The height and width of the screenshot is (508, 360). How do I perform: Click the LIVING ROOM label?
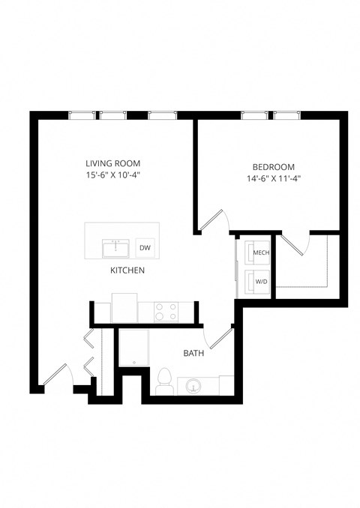click(x=112, y=163)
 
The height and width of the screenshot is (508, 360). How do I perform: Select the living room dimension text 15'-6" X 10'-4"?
click(x=112, y=175)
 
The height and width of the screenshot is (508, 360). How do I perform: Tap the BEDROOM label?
click(x=273, y=166)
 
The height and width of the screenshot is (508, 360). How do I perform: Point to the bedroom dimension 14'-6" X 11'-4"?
click(x=273, y=178)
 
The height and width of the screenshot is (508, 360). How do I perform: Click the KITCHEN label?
click(x=127, y=270)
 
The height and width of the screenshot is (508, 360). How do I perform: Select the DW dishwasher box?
click(x=145, y=248)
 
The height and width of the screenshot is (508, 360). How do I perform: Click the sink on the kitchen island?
click(x=116, y=247)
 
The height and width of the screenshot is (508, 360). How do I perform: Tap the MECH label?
click(x=261, y=253)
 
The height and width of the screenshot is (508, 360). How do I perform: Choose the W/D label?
click(x=261, y=282)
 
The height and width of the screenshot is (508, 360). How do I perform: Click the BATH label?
click(x=194, y=352)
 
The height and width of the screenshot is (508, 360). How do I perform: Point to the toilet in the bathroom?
click(x=163, y=381)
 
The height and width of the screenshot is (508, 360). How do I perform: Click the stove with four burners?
click(x=165, y=311)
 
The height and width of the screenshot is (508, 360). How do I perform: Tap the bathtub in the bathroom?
click(x=133, y=348)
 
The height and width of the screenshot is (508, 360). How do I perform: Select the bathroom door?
click(x=220, y=339)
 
